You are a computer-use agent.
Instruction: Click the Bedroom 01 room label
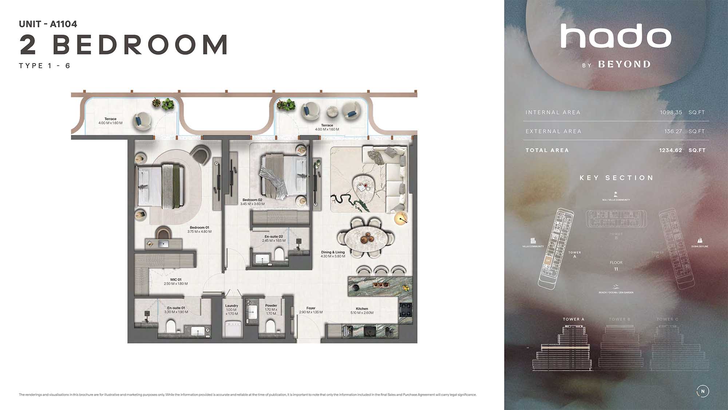click(x=199, y=228)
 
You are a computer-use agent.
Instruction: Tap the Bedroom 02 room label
click(x=252, y=200)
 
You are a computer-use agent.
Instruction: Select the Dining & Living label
click(x=333, y=252)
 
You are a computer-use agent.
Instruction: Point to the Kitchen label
click(x=362, y=309)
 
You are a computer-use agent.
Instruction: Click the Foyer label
click(x=311, y=308)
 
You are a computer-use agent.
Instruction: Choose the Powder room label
click(x=271, y=306)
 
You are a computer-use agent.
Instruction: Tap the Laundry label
click(x=232, y=306)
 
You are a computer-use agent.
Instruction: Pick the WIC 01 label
click(x=176, y=280)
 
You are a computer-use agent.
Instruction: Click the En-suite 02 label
click(x=274, y=237)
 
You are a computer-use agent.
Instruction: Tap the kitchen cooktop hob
click(x=405, y=310)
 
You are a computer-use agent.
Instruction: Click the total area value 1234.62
click(x=670, y=150)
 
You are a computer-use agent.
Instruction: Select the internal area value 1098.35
click(x=671, y=112)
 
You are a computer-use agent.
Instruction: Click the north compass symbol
click(x=703, y=391)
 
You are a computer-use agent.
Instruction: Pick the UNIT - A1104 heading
click(x=48, y=24)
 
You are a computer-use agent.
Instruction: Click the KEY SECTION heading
click(x=616, y=178)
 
